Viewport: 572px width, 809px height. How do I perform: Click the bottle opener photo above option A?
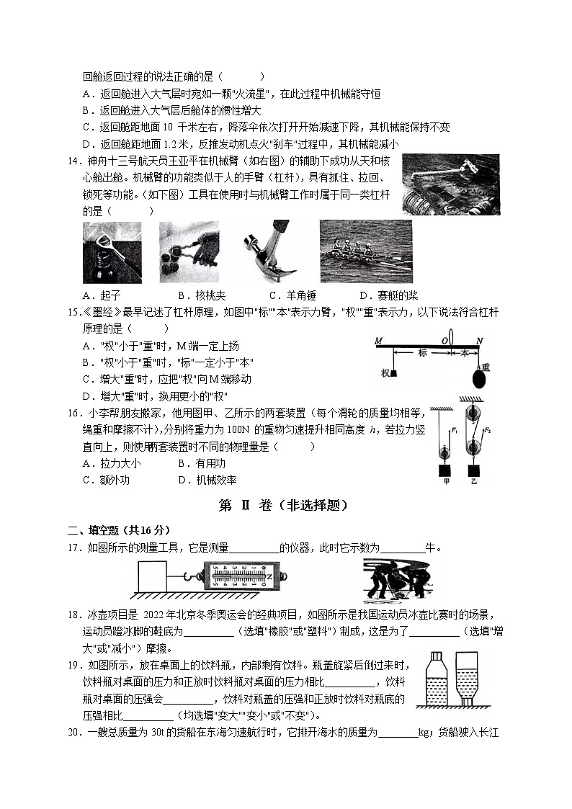tap(112, 252)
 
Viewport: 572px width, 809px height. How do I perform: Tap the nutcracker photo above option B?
tap(189, 252)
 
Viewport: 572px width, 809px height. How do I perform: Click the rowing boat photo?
tap(365, 251)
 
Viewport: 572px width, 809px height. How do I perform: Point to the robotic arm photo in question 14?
tap(450, 184)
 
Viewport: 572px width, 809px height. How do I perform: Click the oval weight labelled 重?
tap(478, 377)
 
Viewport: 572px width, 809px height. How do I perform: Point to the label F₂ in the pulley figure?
tap(488, 430)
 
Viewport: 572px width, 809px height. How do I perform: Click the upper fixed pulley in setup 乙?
tap(473, 414)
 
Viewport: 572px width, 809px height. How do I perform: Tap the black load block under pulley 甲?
tap(444, 471)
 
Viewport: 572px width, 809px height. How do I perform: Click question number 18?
tap(73, 614)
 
